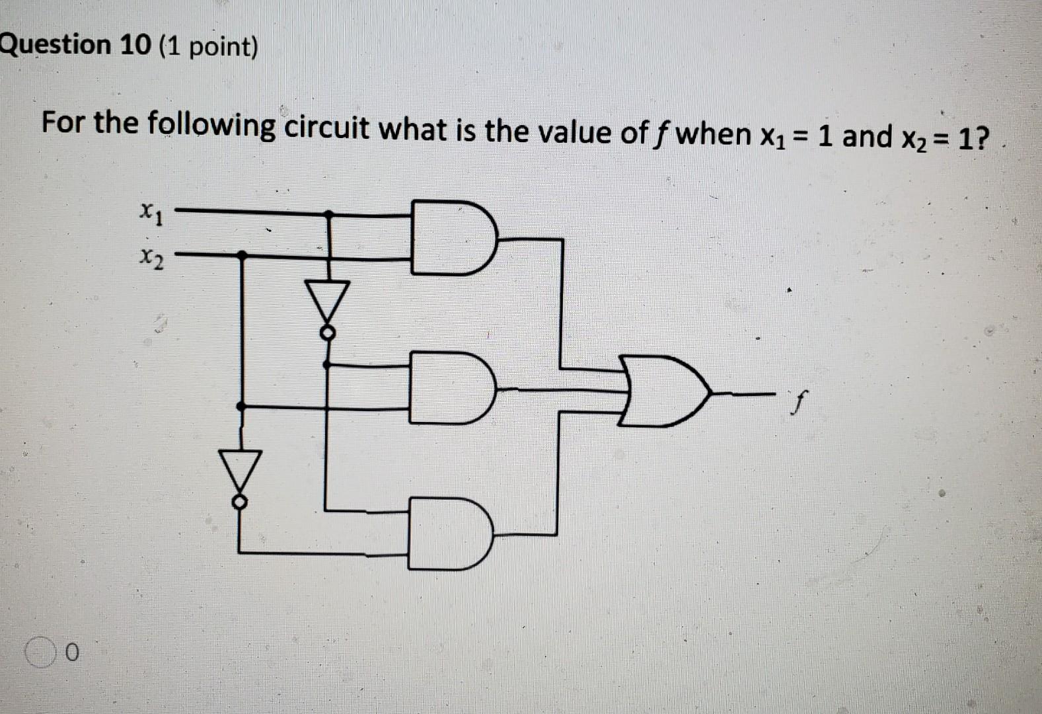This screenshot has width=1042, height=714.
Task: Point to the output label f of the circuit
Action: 800,399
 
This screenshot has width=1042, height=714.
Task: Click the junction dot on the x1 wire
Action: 328,214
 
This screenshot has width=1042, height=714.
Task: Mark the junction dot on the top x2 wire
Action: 242,255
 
